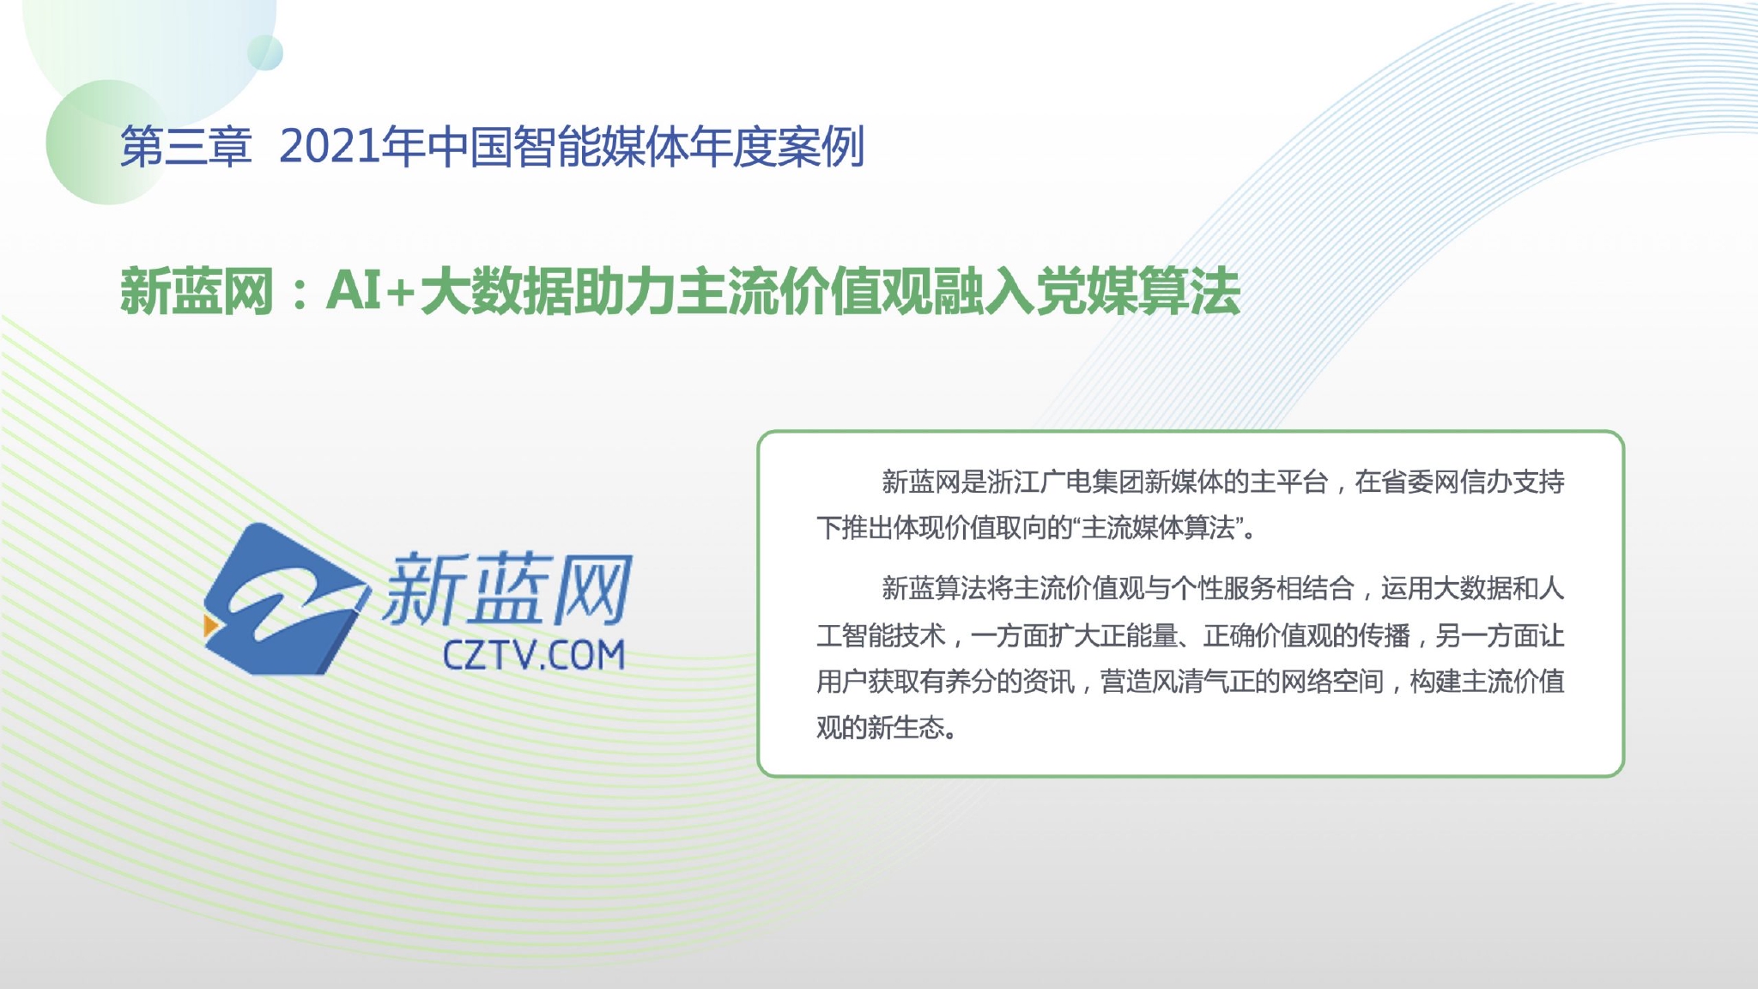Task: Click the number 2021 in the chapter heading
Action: coord(330,147)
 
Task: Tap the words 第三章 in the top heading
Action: coord(185,147)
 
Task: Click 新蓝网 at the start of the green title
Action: coord(197,292)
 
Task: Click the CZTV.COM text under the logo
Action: coord(533,655)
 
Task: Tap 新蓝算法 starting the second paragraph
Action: coord(934,589)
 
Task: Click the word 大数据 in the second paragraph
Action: coord(1473,589)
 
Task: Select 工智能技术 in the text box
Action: coord(881,635)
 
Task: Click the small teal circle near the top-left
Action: coord(265,52)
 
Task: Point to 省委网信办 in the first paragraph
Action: coord(1421,482)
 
